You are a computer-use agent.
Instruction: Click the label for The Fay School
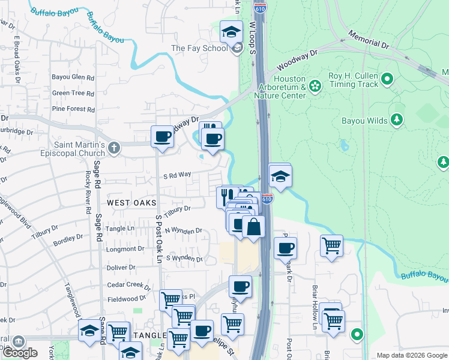200,48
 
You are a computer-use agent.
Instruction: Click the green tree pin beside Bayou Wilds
396,121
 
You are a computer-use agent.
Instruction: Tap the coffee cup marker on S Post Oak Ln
162,137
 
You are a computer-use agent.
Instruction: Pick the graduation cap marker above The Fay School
231,32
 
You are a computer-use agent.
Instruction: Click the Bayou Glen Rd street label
73,77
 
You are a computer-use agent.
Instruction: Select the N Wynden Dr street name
183,230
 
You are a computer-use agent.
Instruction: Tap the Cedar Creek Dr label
129,285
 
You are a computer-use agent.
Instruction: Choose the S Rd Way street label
177,175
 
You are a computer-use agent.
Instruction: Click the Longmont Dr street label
126,248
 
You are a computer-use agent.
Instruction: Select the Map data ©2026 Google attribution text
412,355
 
